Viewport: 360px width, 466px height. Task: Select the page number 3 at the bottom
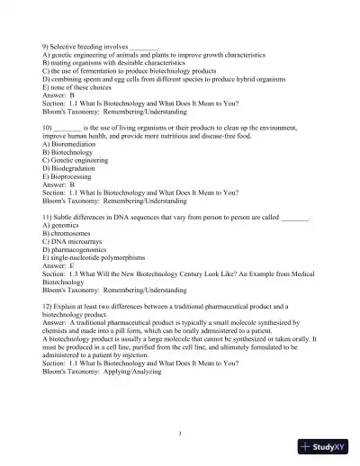pyautogui.click(x=180, y=434)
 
